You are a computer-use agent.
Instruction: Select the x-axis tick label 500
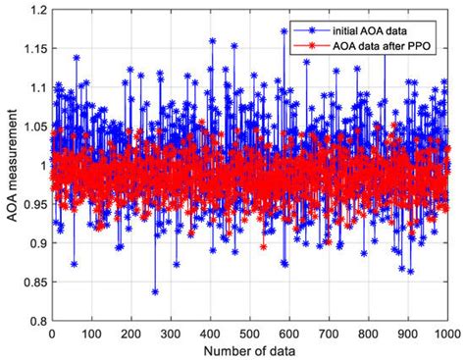tap(249, 334)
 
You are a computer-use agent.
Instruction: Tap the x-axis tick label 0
tap(52, 334)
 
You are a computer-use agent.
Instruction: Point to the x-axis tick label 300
tap(170, 334)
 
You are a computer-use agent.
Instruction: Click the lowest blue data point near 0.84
tap(155, 291)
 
